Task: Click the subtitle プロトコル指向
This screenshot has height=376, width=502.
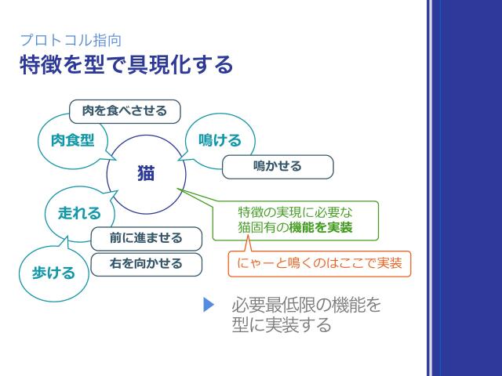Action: coord(71,40)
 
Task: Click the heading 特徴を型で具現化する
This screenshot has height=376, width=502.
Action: coord(126,65)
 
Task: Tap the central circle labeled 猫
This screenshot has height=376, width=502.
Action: coord(146,174)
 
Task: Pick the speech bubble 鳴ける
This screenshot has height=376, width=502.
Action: coord(214,139)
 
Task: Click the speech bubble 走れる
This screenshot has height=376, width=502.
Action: coord(79,212)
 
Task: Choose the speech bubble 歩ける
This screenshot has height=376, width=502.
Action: coord(53,273)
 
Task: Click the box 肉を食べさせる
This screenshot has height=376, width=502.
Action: coord(125,110)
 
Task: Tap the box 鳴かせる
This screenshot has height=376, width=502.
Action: coord(278,167)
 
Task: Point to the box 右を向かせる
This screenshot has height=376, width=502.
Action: coord(146,264)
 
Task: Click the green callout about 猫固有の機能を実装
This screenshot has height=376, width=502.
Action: coord(295,220)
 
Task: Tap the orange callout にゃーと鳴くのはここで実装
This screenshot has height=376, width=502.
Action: coord(320,263)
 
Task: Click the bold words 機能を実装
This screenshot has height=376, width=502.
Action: coord(320,229)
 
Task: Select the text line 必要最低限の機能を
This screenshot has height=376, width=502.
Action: coord(306,305)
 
